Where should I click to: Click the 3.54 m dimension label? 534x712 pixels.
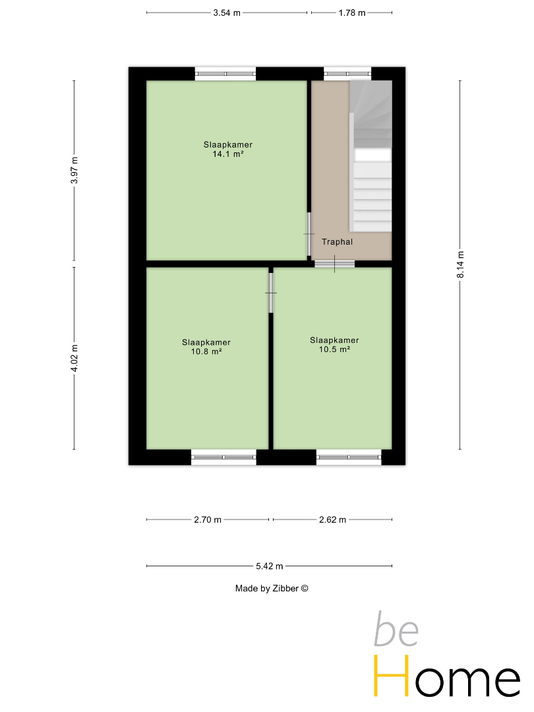(x=227, y=13)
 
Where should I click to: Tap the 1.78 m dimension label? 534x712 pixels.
(x=352, y=13)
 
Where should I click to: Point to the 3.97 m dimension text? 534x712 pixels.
(x=74, y=170)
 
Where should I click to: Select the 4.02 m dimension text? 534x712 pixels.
(x=74, y=358)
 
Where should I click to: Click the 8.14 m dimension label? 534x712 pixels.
(x=460, y=264)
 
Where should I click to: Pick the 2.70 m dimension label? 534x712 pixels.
(x=208, y=519)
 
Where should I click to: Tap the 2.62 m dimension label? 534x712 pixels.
(x=332, y=519)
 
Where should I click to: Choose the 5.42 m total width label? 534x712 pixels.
(x=269, y=566)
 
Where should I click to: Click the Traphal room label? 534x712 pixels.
(x=337, y=242)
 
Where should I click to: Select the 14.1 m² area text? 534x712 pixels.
(x=228, y=154)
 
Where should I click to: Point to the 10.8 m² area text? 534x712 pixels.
(x=206, y=351)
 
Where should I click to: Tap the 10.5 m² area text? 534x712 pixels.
(x=334, y=349)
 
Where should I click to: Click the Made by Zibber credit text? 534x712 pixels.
(x=272, y=589)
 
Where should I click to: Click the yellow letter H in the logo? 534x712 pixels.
(x=390, y=676)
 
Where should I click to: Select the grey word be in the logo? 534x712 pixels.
(x=396, y=630)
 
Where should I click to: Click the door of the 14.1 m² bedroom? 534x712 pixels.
(x=309, y=234)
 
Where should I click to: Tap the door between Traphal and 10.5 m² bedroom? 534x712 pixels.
(x=335, y=264)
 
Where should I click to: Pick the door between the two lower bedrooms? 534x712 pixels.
(x=271, y=293)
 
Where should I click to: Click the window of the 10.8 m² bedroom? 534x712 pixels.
(x=223, y=458)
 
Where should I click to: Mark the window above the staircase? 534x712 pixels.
(x=347, y=74)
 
